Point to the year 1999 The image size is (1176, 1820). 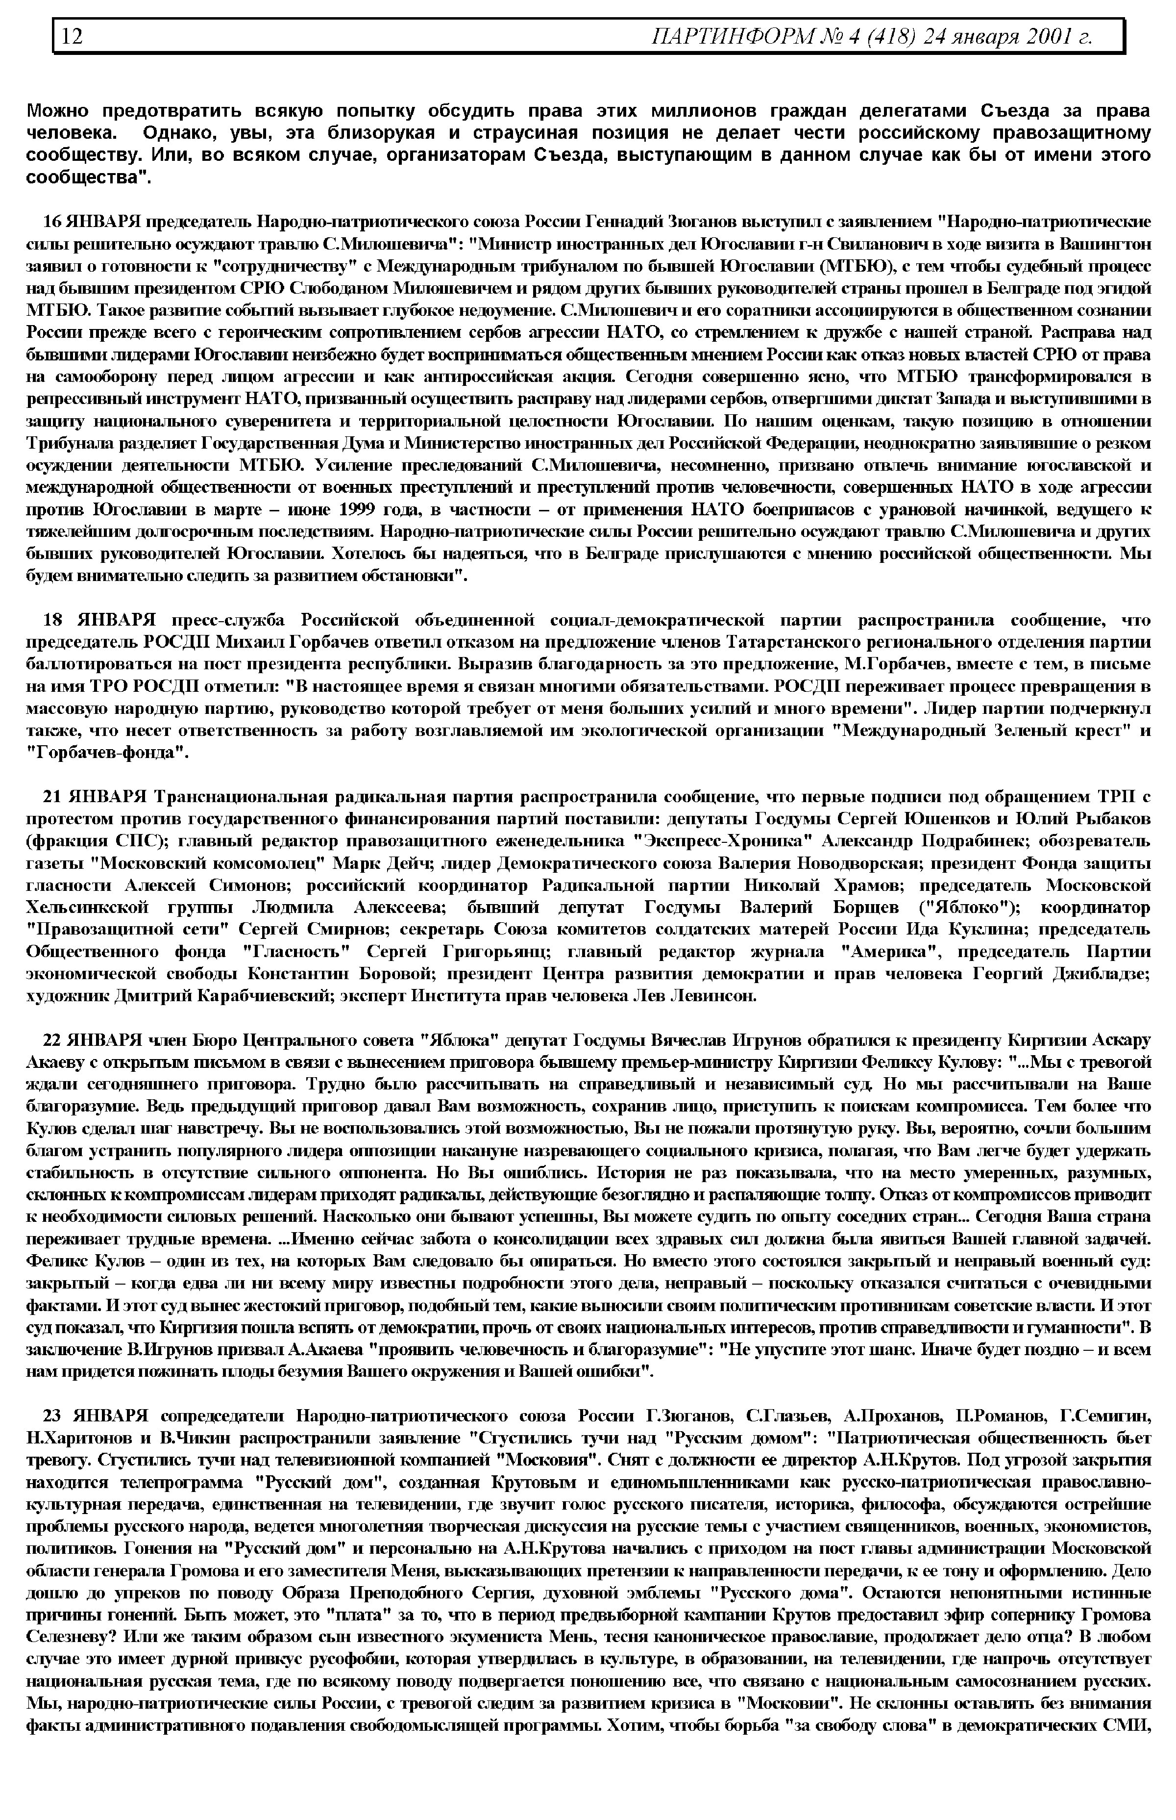tap(361, 509)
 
